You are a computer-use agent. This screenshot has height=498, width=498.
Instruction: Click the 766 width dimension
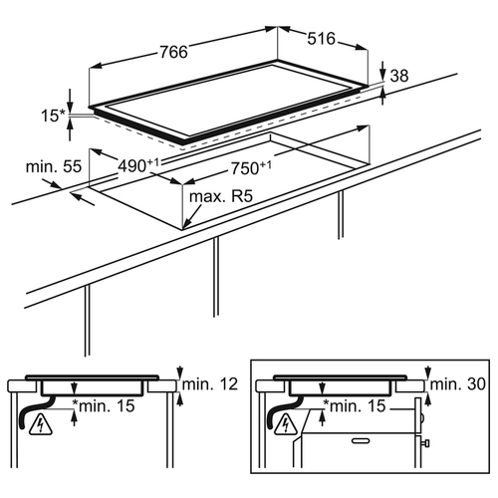click(173, 52)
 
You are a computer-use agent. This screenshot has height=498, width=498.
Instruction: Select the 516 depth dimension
click(321, 39)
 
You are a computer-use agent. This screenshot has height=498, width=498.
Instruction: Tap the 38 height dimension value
click(399, 76)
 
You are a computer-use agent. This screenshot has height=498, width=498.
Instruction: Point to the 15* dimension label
click(54, 116)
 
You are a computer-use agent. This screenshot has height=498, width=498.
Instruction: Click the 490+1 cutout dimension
click(139, 165)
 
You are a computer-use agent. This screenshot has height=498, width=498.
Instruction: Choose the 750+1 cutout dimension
click(251, 168)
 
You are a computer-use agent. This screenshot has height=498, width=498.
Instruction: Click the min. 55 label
click(54, 166)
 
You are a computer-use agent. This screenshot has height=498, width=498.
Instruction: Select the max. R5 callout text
click(221, 196)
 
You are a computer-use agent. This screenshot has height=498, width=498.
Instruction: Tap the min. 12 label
click(210, 384)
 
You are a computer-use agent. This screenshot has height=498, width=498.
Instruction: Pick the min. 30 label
click(458, 384)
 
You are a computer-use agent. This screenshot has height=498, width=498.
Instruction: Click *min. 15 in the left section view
click(104, 405)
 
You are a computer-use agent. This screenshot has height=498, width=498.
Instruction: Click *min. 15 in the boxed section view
click(355, 405)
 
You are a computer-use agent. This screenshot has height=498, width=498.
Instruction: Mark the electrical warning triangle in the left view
click(41, 425)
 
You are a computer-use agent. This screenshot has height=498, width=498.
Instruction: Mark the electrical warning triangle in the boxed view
click(285, 425)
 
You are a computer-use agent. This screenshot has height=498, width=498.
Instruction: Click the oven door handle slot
click(361, 441)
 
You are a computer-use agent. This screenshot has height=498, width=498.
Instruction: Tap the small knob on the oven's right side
click(425, 443)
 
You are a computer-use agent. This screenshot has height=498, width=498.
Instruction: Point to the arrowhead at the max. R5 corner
click(186, 225)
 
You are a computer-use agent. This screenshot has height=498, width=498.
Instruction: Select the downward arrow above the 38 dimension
click(382, 71)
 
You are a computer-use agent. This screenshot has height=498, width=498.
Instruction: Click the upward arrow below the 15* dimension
click(70, 129)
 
